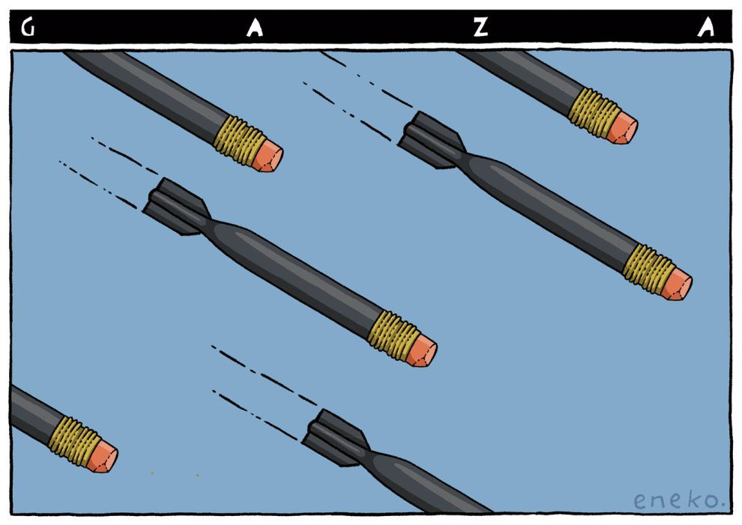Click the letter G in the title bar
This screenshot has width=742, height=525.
click(x=28, y=28)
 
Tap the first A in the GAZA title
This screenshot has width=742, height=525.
click(x=255, y=28)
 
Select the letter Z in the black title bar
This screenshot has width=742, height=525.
click(x=480, y=28)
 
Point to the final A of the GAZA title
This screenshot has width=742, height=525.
click(x=706, y=28)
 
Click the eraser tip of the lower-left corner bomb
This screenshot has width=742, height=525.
click(x=102, y=456)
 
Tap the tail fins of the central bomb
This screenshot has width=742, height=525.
click(x=176, y=207)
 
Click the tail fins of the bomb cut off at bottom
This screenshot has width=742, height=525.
click(x=335, y=438)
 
